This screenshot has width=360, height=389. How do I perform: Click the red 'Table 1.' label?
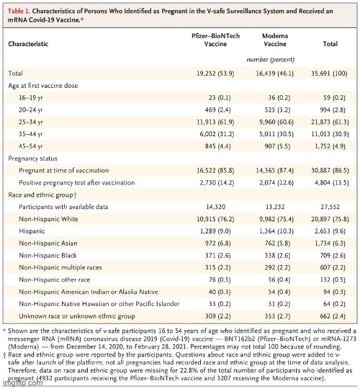tap(19, 11)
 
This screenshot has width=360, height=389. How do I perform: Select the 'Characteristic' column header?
tap(28, 44)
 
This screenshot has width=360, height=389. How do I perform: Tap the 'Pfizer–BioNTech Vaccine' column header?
tap(215, 40)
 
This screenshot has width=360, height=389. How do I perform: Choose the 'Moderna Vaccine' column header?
tap(275, 40)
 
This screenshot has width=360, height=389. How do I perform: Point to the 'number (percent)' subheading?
tap(271, 60)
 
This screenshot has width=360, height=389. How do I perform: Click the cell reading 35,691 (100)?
tap(329, 73)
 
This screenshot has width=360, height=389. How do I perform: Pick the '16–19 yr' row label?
tap(31, 98)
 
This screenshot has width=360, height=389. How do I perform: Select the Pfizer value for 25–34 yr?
tap(215, 122)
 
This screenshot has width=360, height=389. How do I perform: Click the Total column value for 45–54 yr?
tap(330, 146)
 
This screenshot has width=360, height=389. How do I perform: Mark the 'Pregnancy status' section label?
tap(32, 158)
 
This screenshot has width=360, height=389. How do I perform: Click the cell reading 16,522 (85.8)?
tap(215, 171)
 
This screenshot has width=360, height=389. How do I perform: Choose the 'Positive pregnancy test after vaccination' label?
tap(77, 183)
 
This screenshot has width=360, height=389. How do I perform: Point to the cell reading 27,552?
tap(330, 207)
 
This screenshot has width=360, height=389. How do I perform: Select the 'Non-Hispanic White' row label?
tap(48, 219)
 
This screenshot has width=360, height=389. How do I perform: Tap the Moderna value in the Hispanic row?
tap(276, 231)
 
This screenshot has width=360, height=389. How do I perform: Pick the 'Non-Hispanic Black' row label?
tap(48, 256)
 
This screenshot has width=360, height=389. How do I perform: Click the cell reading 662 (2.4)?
tap(333, 316)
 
